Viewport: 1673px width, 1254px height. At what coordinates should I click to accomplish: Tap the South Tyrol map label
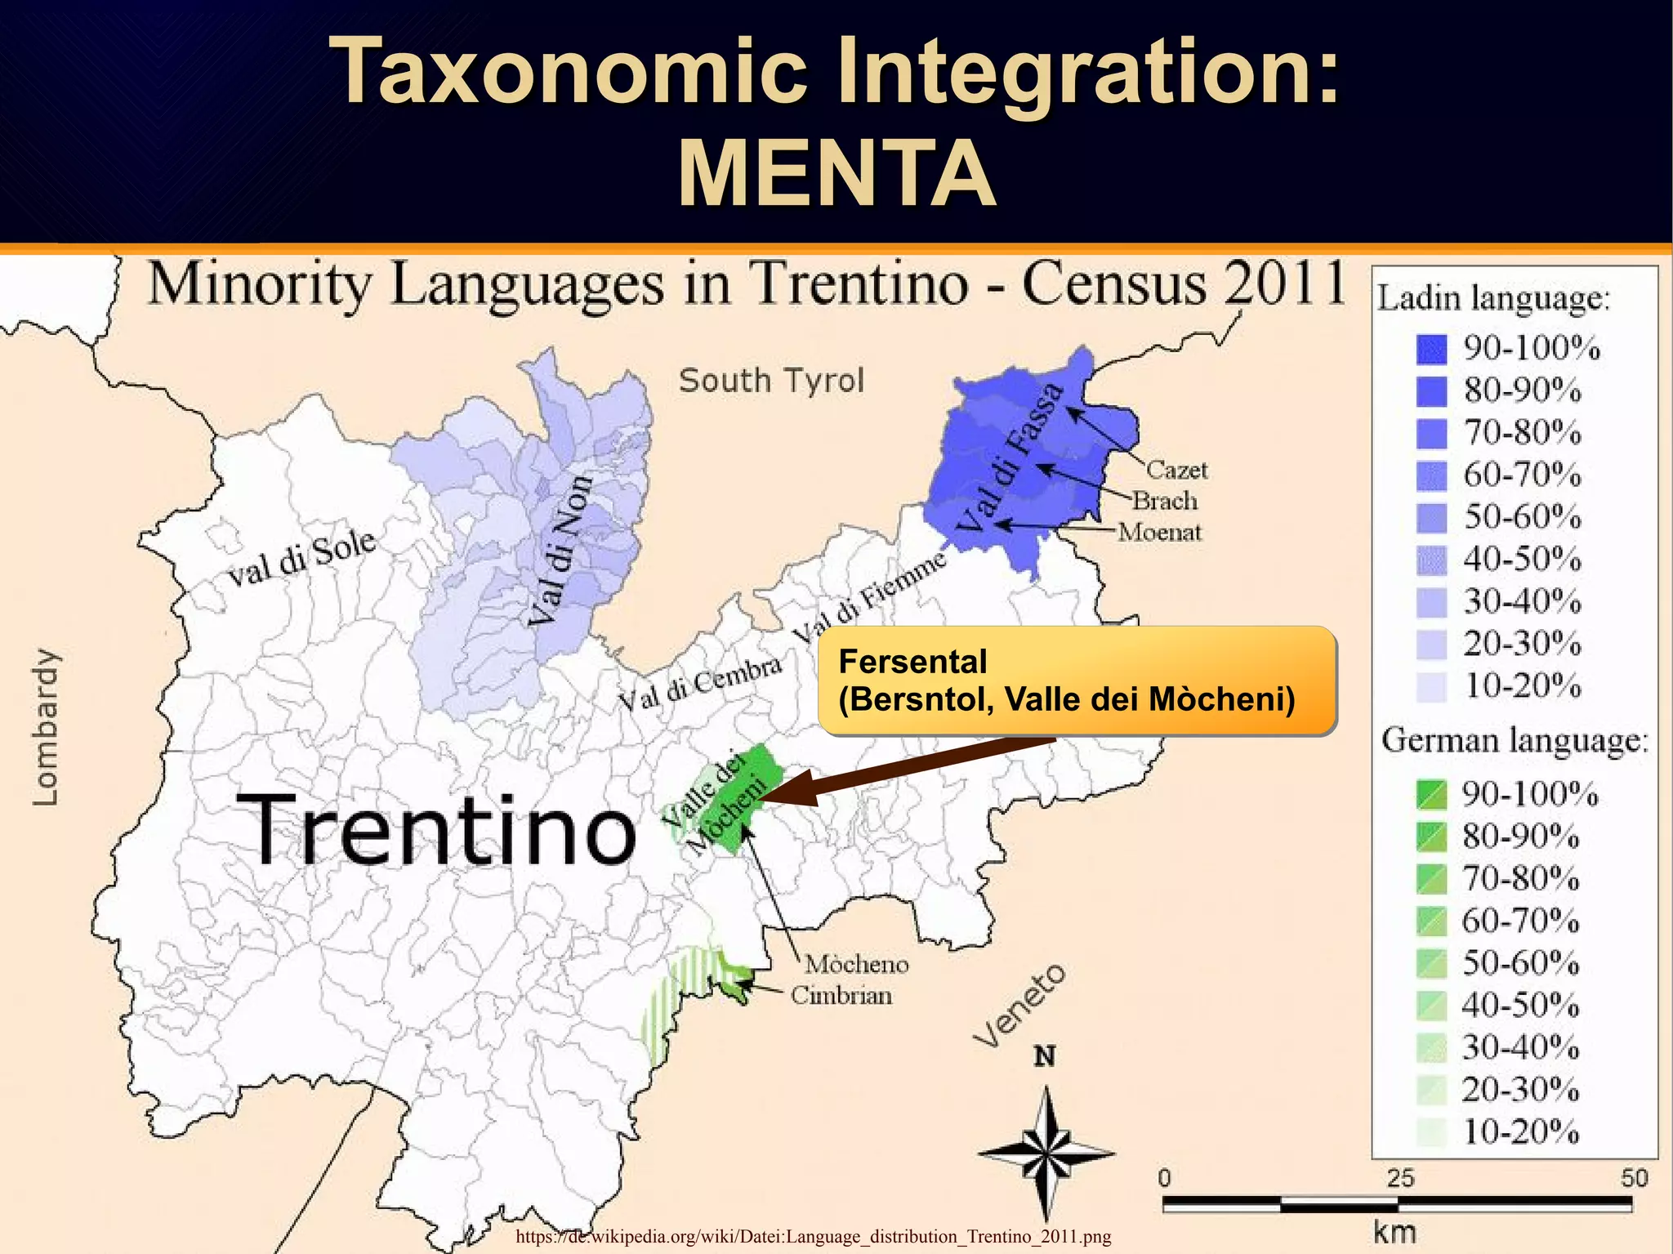pos(771,381)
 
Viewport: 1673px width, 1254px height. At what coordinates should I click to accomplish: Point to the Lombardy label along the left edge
pos(46,727)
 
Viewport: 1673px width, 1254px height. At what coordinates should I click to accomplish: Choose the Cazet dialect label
pos(1176,470)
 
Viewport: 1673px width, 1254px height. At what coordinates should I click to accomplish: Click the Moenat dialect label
pos(1159,533)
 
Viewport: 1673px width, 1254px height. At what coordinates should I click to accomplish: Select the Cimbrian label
pos(841,996)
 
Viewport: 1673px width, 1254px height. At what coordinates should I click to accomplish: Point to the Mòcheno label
pos(856,965)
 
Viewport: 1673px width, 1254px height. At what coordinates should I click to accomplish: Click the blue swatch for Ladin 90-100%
pos(1431,349)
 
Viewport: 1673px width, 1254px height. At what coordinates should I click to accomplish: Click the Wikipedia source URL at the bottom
pos(813,1236)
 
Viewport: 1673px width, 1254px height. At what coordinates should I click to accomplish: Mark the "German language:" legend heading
pos(1515,741)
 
